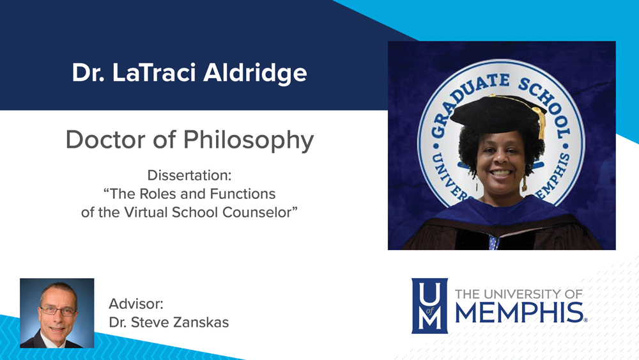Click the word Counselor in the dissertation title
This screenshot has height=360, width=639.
(256, 212)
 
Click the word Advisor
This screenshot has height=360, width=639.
(136, 304)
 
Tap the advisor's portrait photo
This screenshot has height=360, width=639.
(57, 313)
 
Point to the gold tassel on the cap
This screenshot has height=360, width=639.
(541, 121)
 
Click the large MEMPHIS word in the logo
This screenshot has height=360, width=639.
(519, 313)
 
